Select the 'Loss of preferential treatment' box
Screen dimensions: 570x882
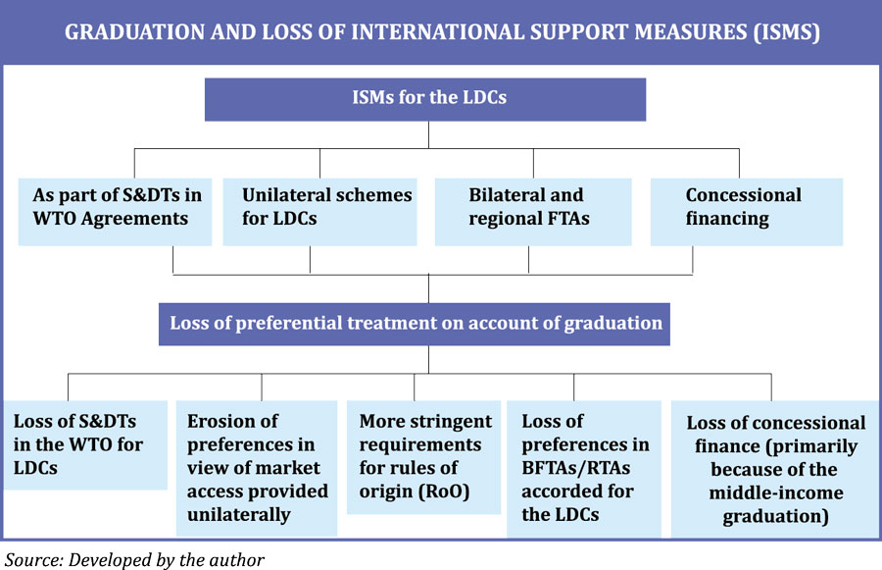pos(415,323)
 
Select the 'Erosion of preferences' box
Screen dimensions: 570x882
pos(257,467)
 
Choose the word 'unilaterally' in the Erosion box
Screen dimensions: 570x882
pos(240,514)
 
